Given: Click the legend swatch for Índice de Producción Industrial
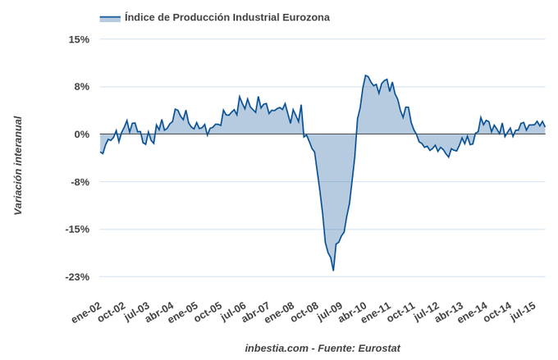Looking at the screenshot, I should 110,18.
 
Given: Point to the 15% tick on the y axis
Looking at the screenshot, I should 79,39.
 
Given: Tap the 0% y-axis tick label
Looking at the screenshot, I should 82,134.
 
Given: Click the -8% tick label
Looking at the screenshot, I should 80,182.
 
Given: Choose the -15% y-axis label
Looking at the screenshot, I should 78,229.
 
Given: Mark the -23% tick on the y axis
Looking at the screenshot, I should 78,276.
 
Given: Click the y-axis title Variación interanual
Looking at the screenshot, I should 17,166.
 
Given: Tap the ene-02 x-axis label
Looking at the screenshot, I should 86,312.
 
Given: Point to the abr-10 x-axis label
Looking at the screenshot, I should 352,312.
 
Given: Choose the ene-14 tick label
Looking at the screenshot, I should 473,312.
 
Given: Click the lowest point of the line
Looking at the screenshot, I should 333,270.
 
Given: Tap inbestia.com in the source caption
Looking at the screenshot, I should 277,348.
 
